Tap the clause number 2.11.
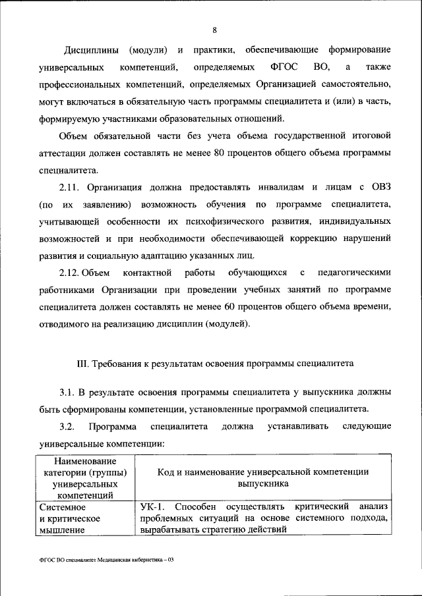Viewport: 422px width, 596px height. pyautogui.click(x=71, y=187)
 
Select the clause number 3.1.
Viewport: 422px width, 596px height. pyautogui.click(x=68, y=393)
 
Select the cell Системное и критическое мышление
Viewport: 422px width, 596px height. pyautogui.click(x=69, y=518)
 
